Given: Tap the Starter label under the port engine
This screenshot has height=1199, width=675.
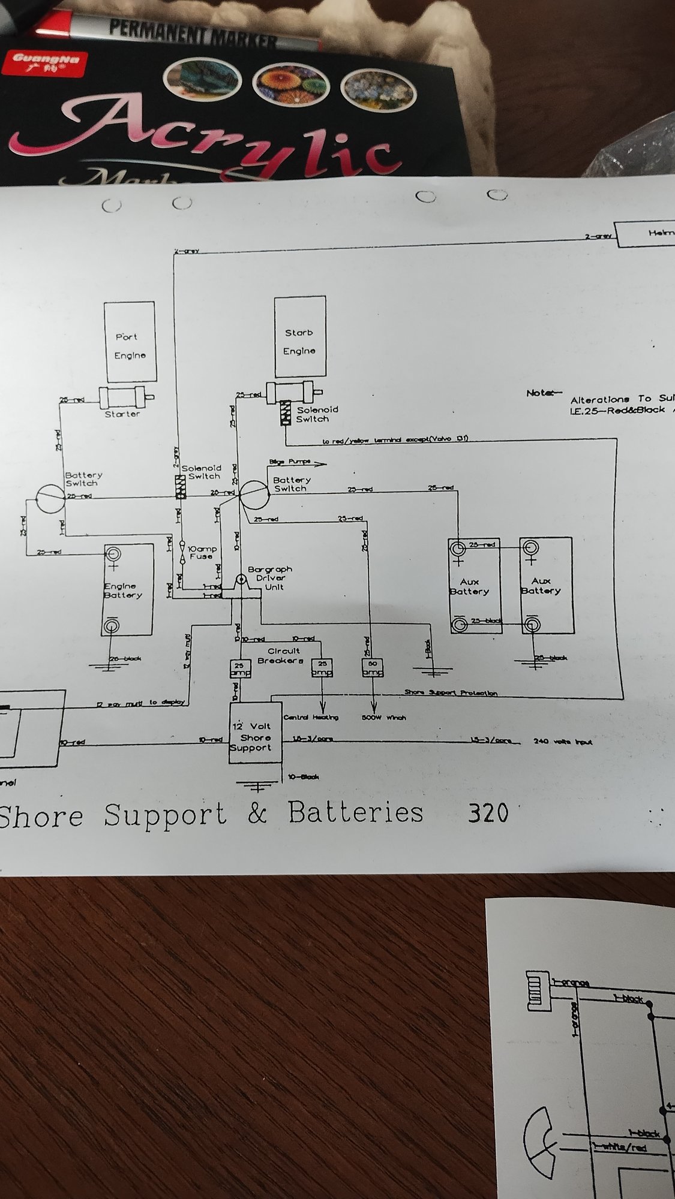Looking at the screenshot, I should tap(122, 414).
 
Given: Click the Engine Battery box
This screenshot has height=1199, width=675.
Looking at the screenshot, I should tap(127, 590).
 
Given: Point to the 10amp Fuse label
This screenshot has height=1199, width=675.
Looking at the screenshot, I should tap(202, 552).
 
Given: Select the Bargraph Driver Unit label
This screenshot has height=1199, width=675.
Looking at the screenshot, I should tap(270, 578).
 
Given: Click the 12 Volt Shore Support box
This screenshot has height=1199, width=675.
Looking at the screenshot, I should tap(255, 734).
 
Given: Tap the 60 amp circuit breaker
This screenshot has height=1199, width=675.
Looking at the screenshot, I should tap(371, 668).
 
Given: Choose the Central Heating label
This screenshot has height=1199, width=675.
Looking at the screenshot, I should tap(311, 717).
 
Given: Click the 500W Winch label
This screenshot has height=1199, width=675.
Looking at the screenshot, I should tap(384, 717).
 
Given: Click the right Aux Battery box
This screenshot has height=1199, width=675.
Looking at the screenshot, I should tap(545, 585).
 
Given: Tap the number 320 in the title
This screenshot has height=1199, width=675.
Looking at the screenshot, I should tap(488, 814).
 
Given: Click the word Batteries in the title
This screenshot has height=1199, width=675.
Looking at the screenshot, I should tap(355, 814).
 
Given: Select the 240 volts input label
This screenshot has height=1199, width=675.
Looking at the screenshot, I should tap(563, 742).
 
